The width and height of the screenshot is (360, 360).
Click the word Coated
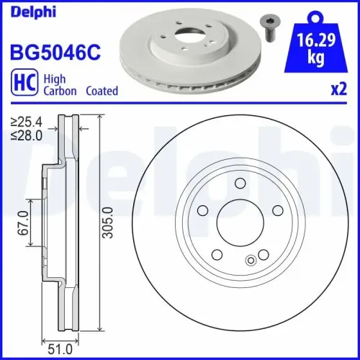102,91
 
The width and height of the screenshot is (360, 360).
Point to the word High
57,80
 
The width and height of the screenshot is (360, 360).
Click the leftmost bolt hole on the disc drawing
203,210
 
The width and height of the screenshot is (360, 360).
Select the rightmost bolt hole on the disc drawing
276,210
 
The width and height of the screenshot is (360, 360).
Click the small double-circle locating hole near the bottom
251,260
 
